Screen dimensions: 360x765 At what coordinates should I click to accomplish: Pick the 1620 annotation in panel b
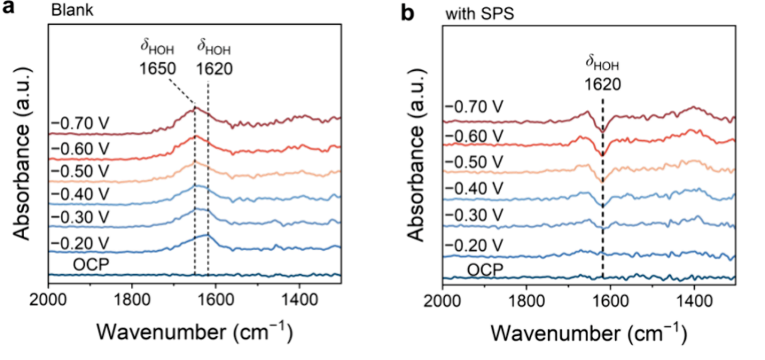pyautogui.click(x=601, y=82)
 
